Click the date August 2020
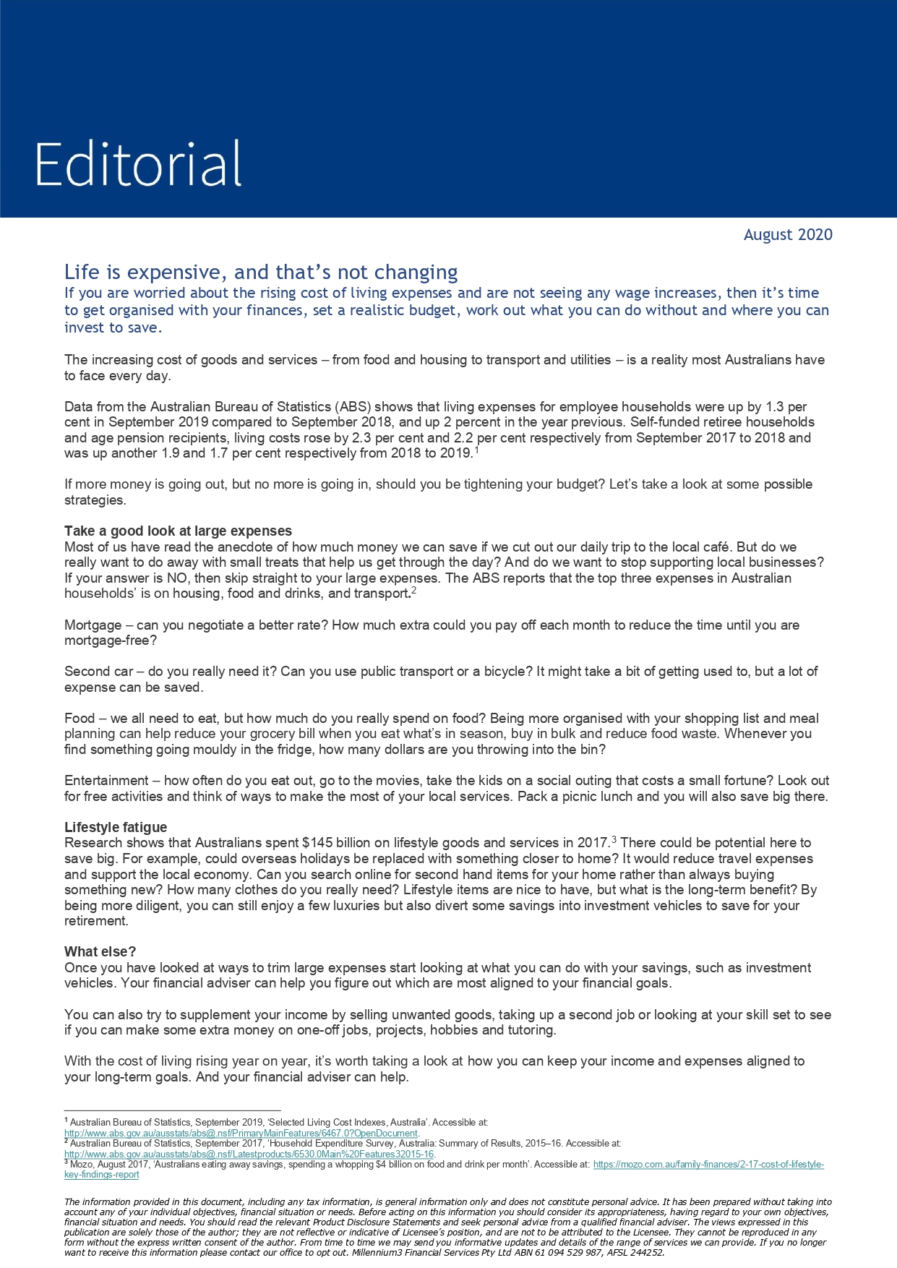point(788,235)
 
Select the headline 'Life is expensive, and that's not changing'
point(261,273)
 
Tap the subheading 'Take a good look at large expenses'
point(178,531)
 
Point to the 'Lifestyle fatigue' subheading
point(116,827)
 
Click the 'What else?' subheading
point(100,951)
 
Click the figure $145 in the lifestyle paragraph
point(316,843)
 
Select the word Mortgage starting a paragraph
point(93,625)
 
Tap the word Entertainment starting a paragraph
point(106,781)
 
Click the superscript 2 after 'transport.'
point(414,591)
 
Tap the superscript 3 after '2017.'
point(614,840)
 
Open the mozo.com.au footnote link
point(708,1165)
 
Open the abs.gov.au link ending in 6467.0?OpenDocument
point(241,1134)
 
